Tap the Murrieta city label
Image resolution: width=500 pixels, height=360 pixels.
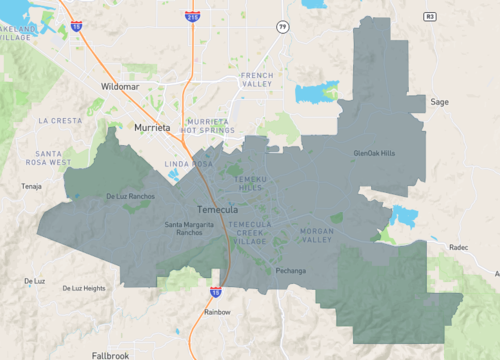coord(153,129)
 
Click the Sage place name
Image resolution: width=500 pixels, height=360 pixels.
coord(439,102)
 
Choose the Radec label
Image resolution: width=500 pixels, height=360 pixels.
coord(459,246)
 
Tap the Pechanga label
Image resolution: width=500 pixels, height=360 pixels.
coord(290,271)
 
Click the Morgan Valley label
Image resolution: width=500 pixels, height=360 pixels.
coord(317,236)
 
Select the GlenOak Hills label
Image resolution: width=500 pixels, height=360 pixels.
coord(375,153)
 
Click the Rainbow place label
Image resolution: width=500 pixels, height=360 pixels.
coord(217,312)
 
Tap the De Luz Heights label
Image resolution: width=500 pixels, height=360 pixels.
coord(83,288)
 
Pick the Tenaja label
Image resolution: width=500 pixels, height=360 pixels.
coord(32,186)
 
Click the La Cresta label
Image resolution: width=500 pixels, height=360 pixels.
coord(59,120)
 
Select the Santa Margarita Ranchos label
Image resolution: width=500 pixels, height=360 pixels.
coord(189,228)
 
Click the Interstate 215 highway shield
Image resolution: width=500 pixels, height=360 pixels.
coord(191,16)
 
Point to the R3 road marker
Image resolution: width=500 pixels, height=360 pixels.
coord(430,17)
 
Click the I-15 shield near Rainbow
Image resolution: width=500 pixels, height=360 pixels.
coord(216,292)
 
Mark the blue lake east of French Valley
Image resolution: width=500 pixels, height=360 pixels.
coord(317,94)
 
